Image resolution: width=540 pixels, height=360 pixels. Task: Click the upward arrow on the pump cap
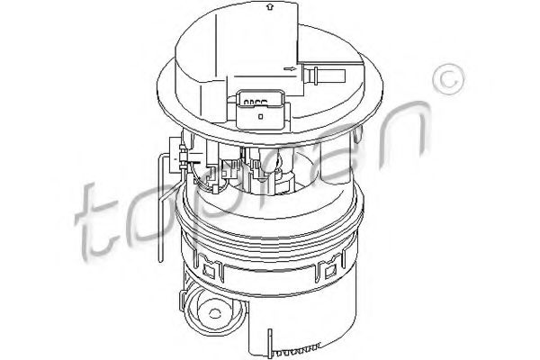tap(269, 9)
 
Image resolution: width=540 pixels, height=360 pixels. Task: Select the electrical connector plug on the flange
tap(260, 107)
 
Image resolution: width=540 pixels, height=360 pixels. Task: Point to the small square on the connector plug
tap(260, 115)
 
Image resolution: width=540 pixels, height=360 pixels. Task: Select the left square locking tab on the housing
tap(212, 267)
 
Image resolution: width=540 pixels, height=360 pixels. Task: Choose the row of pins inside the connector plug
tap(260, 101)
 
